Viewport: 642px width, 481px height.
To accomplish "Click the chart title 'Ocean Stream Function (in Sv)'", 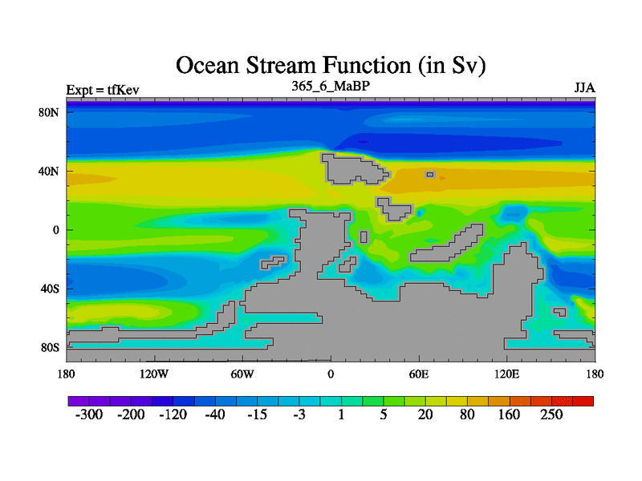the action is tap(331, 66).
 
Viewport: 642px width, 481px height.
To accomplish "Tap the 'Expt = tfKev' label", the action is tap(103, 90).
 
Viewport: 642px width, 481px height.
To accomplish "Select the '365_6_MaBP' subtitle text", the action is tap(331, 86).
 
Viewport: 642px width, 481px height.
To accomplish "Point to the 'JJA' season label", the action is tap(585, 88).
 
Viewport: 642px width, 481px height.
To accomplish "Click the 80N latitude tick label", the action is tap(49, 112).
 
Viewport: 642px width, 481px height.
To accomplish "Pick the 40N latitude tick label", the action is tap(49, 172).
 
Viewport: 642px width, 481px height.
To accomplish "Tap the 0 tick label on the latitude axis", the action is tap(56, 230).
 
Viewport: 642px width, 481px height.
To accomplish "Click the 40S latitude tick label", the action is tap(50, 289).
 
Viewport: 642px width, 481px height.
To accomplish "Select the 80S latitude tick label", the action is tap(50, 348).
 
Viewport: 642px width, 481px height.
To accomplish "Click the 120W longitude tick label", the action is tap(154, 374).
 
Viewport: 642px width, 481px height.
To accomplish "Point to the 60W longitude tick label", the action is tap(242, 374).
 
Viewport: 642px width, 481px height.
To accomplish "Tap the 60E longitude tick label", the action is tap(419, 374).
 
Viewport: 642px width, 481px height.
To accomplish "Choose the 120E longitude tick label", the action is tap(507, 374).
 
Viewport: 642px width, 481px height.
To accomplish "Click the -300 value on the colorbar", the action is tap(89, 414).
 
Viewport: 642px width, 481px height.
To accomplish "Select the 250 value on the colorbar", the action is tap(551, 414).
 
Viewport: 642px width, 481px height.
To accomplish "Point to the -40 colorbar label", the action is tap(215, 414).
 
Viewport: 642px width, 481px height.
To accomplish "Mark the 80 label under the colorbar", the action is tap(467, 414).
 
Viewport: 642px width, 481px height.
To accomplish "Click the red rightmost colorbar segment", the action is tap(583, 402).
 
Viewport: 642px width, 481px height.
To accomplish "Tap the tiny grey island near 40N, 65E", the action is tap(430, 175).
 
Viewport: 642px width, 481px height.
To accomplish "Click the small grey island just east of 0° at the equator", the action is tap(364, 237).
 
